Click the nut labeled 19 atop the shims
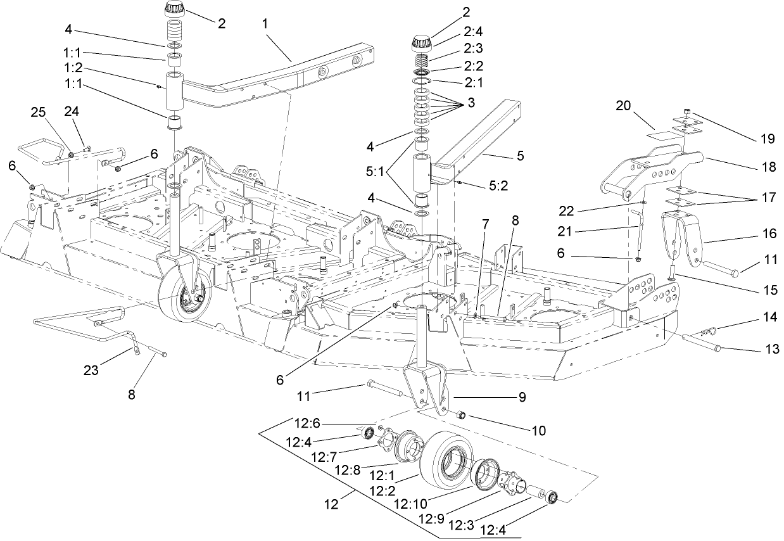coord(687,113)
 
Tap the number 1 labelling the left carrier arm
coord(266,23)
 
